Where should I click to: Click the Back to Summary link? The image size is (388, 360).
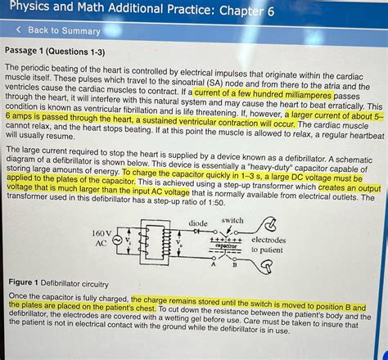point(64,31)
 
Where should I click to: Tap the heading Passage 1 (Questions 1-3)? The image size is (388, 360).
point(55,52)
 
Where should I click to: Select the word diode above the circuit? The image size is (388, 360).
point(198,223)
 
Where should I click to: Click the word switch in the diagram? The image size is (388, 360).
point(232,220)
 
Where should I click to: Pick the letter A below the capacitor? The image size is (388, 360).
point(214,263)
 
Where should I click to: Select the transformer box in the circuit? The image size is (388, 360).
point(149,241)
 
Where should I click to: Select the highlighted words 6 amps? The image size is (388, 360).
point(24,117)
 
